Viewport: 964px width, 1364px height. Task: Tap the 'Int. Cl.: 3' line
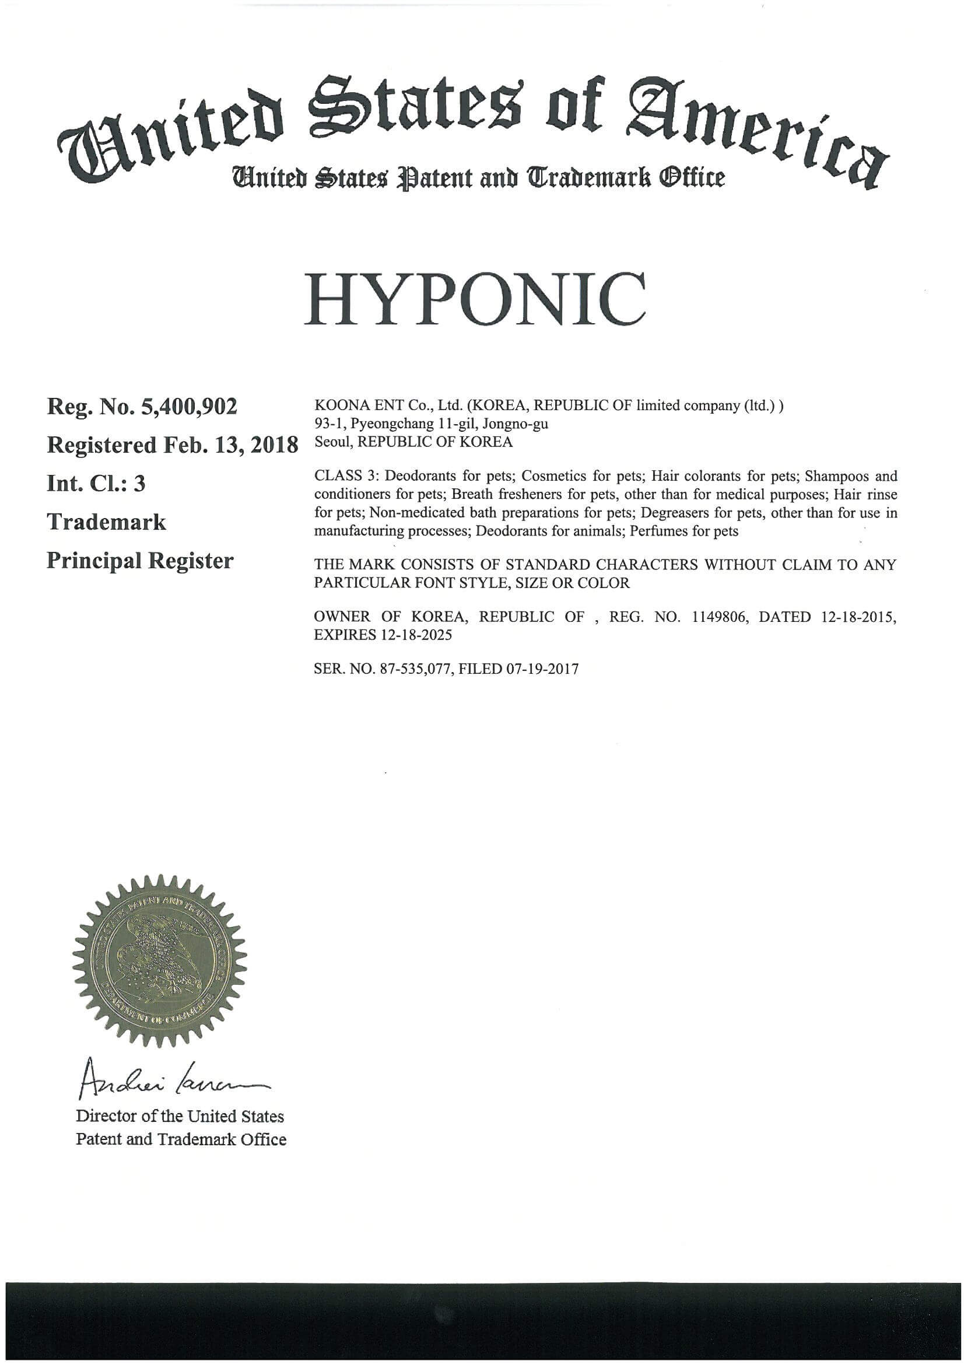coord(96,484)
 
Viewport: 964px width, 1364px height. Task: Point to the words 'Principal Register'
coord(140,561)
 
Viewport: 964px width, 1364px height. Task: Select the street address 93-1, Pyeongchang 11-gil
coord(396,424)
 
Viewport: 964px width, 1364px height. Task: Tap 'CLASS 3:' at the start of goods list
coord(347,477)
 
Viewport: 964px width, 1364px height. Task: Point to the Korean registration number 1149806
coord(720,617)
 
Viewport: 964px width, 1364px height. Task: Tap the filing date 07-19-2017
coord(542,670)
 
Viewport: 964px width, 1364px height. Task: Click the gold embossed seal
coord(159,961)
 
